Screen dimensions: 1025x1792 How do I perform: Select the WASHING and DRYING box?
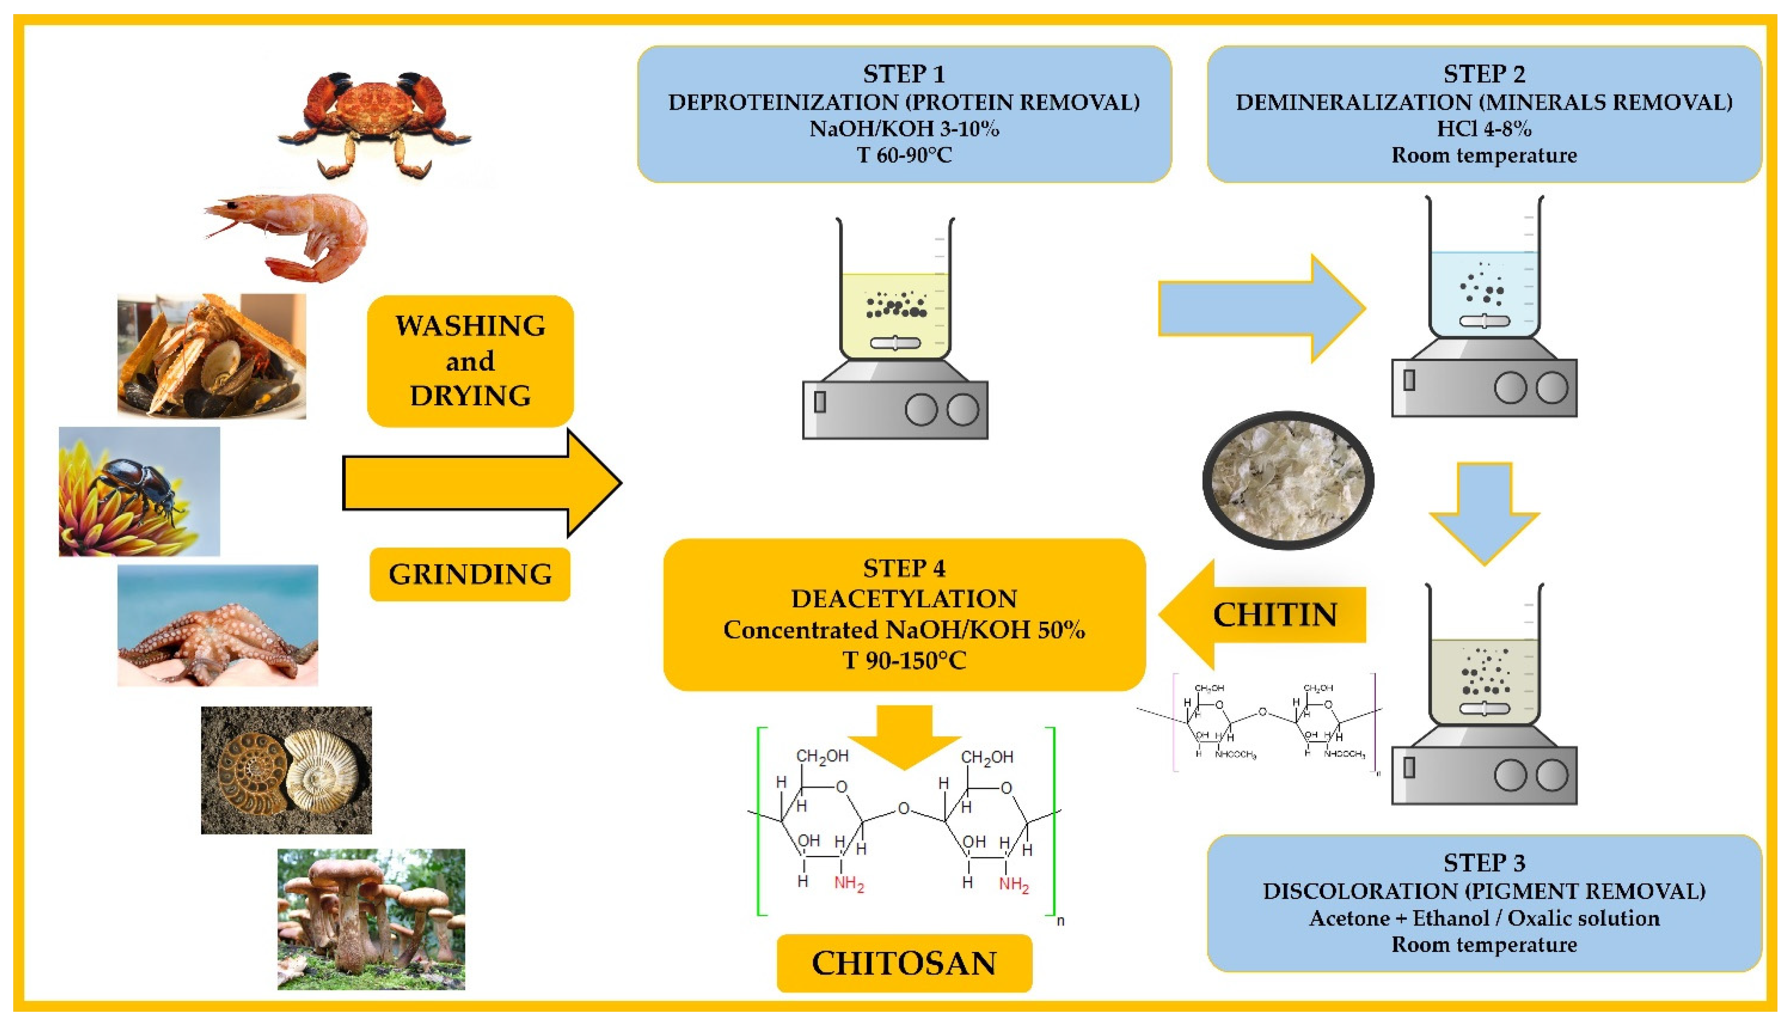point(469,361)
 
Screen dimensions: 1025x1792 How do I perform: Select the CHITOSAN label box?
point(904,963)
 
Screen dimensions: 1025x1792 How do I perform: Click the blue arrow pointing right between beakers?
point(1260,308)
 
